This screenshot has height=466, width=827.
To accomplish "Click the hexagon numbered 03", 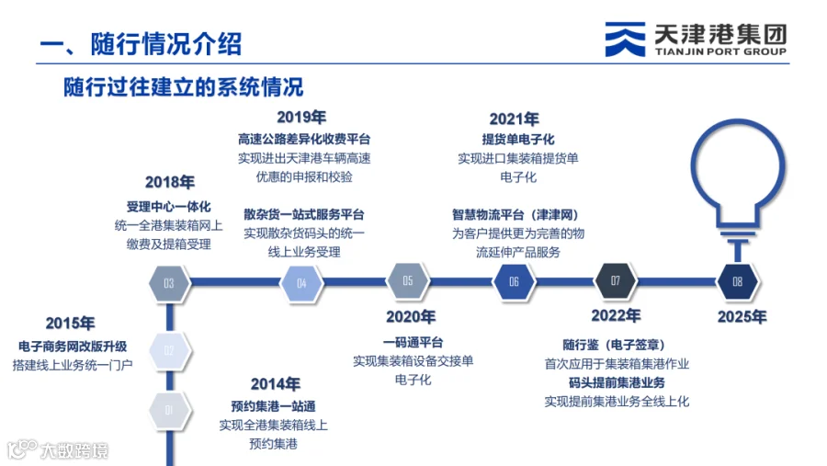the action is [169, 283].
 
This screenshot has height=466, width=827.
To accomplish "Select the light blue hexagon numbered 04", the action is [301, 283].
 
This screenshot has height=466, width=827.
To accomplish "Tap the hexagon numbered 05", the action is [408, 280].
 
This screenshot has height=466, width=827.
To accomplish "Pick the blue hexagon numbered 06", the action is [514, 282].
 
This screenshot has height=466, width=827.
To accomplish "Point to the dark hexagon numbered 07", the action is [615, 280].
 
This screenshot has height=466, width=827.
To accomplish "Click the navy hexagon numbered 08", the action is [737, 282].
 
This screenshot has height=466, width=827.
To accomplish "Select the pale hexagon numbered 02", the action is [169, 351].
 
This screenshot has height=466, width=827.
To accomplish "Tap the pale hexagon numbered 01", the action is [169, 410].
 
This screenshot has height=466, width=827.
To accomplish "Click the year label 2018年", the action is [170, 182].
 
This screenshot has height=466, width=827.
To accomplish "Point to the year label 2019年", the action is [301, 117].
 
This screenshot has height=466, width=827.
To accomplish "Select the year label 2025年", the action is [742, 317].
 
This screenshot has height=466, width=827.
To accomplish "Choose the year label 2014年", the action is [276, 383].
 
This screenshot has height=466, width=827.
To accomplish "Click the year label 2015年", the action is [70, 323].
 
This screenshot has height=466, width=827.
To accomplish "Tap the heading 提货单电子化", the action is [518, 140].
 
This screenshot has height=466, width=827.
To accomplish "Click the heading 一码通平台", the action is [413, 343].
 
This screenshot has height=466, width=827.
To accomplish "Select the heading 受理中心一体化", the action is [168, 207].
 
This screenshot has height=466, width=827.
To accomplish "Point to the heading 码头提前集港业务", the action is [617, 382].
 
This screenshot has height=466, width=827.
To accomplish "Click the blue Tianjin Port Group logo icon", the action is [625, 39].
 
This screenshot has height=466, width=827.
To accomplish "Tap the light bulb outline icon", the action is [738, 190].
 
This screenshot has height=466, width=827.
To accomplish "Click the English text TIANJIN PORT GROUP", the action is [720, 51].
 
